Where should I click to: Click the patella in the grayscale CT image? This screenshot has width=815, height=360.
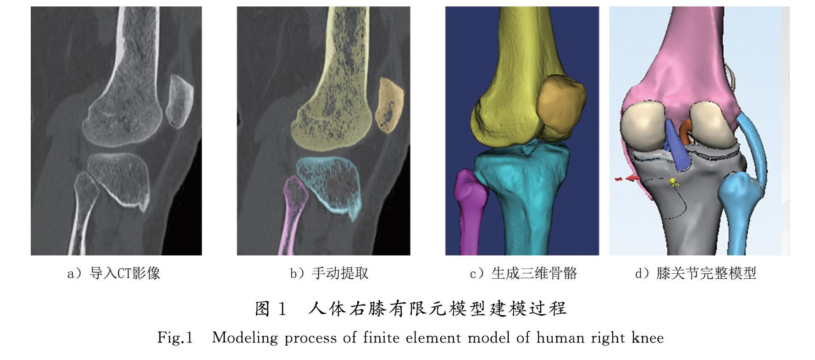179,102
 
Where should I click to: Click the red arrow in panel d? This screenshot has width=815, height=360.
631,177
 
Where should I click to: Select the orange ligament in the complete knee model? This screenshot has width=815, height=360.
684,130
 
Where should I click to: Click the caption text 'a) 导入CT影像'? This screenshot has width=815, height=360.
114,274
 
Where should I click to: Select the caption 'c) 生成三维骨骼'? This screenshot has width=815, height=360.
523,274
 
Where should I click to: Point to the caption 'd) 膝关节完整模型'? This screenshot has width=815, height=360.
695,274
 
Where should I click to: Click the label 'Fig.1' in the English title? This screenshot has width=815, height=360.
175,338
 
